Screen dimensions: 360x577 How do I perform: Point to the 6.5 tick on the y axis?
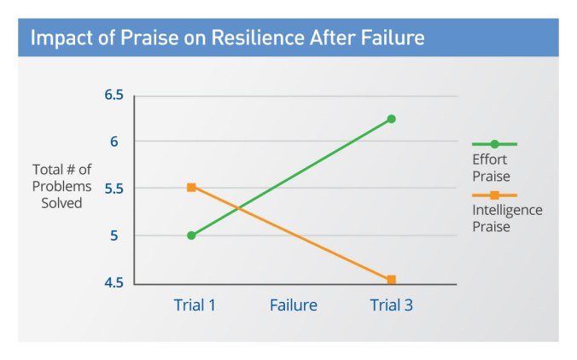point(114,95)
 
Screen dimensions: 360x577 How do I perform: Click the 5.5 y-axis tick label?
point(114,188)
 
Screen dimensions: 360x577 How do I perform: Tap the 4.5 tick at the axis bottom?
point(114,282)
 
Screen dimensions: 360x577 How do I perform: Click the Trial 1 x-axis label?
point(194,305)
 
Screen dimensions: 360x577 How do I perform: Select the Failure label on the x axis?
point(294,305)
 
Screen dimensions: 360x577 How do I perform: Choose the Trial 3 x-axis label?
point(392,305)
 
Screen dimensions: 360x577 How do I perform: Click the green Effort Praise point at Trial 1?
point(191,235)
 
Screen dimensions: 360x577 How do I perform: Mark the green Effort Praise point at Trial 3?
point(392,119)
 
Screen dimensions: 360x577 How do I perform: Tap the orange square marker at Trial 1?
point(191,187)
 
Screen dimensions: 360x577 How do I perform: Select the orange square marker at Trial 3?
point(392,280)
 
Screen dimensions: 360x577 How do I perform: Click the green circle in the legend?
point(495,144)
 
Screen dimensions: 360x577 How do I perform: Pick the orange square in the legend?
point(495,195)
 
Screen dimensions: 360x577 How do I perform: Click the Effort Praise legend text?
point(491,168)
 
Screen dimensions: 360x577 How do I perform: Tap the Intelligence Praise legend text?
point(507,218)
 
